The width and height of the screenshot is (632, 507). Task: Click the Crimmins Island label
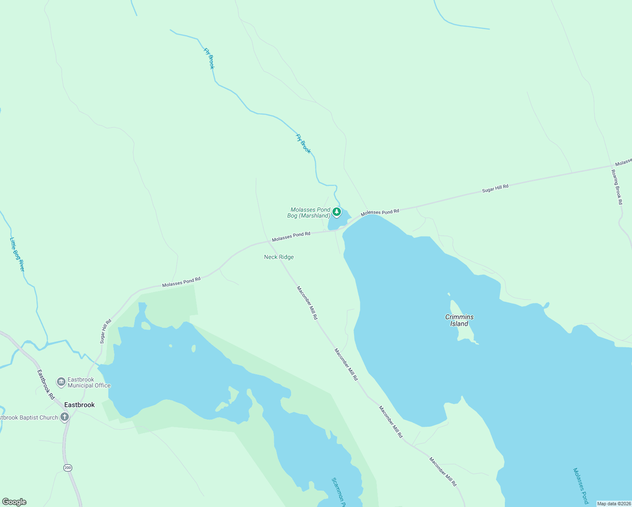459,320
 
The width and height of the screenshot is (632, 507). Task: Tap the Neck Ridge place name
279,257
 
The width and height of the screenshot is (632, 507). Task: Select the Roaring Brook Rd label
617,187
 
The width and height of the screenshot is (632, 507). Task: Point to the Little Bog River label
17,254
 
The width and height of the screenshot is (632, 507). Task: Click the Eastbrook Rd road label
46,385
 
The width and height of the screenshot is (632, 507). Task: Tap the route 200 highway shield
68,468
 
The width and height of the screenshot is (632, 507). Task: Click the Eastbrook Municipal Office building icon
61,382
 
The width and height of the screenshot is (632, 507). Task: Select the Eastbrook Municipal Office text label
89,382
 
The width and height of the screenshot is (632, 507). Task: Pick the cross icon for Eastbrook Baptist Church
64,417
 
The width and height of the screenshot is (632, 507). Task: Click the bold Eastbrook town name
79,405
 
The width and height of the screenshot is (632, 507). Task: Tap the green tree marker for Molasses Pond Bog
337,212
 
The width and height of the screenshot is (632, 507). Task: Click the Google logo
14,502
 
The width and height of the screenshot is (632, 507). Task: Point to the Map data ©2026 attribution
614,504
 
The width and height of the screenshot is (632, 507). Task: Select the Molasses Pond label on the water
580,486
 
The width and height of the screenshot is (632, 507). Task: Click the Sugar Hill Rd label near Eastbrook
105,331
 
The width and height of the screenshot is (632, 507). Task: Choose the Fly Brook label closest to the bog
303,144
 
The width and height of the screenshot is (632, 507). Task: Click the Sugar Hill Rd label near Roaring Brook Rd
495,188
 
